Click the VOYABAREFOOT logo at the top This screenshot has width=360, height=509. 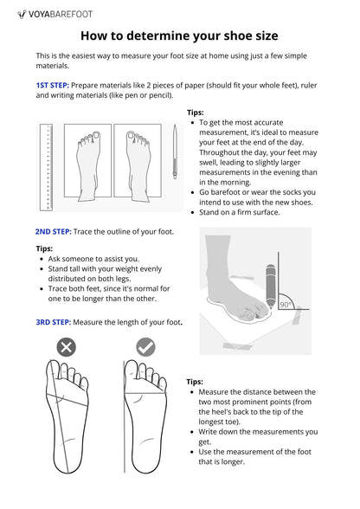coord(55,14)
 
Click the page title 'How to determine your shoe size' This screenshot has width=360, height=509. coord(179,35)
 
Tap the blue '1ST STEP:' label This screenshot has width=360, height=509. coord(52,86)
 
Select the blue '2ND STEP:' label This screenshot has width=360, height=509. coord(54,232)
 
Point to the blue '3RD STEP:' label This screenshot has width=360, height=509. coord(54,322)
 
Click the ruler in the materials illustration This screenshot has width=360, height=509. coord(46,167)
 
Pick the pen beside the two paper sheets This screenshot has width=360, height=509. coord(175,151)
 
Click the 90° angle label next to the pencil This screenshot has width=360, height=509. coord(285,305)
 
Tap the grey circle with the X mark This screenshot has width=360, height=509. coord(67,348)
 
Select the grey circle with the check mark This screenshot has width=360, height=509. coord(145,347)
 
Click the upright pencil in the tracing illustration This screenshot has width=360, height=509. coord(270,287)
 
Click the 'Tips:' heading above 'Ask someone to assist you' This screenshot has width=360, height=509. coord(44,248)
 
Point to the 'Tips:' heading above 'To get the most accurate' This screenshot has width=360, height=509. coord(196,113)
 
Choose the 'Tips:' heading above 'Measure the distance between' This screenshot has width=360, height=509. coord(195,382)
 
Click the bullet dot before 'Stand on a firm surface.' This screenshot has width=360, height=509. coord(193,213)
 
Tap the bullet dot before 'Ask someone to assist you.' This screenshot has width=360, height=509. coord(42,260)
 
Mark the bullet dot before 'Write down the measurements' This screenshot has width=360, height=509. coord(192,433)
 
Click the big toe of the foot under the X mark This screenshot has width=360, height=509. coord(53,370)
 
